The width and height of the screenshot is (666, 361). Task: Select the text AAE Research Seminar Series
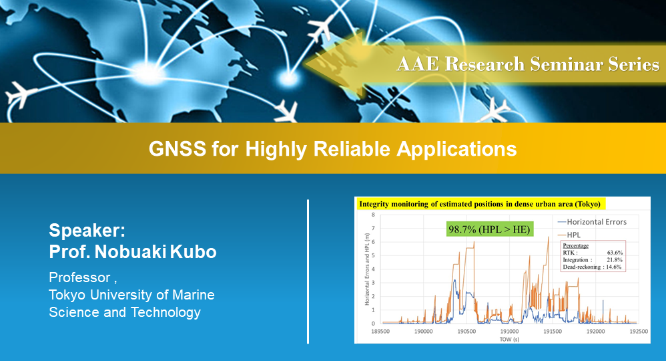[x=528, y=64]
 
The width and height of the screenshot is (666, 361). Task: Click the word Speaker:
[x=87, y=231]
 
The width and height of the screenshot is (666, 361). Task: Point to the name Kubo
[x=194, y=251]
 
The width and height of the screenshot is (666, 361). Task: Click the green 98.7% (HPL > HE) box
[x=489, y=229]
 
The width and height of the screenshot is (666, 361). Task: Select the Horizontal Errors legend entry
[x=592, y=222]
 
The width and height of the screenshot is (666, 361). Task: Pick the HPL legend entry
[x=569, y=235]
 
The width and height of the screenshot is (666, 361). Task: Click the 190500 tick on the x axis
[x=466, y=331]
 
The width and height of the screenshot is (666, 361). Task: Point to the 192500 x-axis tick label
[x=639, y=331]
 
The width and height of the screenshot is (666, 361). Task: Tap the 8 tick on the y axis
[x=373, y=215]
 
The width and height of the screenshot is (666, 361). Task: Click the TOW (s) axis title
[x=509, y=340]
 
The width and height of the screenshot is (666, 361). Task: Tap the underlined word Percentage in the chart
[x=575, y=245]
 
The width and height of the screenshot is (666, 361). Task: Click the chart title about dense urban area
[x=480, y=204]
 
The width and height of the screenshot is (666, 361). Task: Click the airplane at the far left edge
[x=19, y=94]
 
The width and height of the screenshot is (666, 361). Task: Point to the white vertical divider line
[x=308, y=271]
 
